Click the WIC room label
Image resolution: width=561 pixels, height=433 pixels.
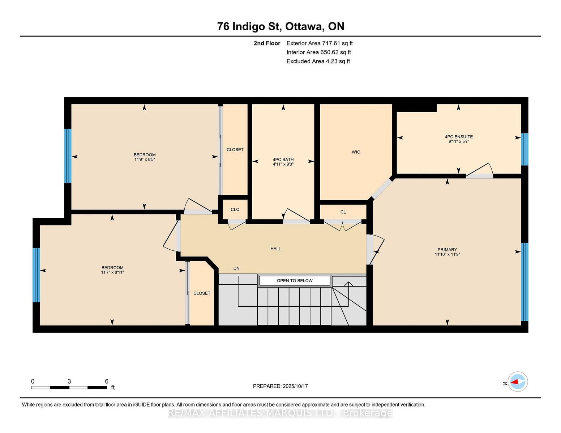pyautogui.click(x=355, y=152)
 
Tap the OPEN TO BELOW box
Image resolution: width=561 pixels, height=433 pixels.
pyautogui.click(x=294, y=280)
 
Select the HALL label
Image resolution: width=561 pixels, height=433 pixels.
pyautogui.click(x=275, y=249)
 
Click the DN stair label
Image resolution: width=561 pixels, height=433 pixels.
pyautogui.click(x=236, y=268)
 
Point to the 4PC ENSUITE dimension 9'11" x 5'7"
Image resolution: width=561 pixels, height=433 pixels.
pyautogui.click(x=458, y=141)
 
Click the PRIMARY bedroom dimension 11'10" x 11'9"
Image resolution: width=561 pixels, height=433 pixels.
pyautogui.click(x=447, y=254)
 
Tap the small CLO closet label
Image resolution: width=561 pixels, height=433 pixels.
pyautogui.click(x=235, y=209)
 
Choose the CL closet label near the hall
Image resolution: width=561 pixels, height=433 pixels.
pyautogui.click(x=343, y=212)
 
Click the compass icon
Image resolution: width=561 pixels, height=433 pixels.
pyautogui.click(x=517, y=381)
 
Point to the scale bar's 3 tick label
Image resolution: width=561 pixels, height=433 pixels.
pyautogui.click(x=69, y=381)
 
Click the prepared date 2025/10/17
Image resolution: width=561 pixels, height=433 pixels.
pyautogui.click(x=295, y=386)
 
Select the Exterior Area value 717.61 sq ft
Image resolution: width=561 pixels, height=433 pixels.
pyautogui.click(x=337, y=43)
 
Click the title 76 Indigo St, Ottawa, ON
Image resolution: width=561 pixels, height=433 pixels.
pyautogui.click(x=280, y=26)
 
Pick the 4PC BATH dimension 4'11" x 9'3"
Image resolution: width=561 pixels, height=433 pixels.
pyautogui.click(x=283, y=164)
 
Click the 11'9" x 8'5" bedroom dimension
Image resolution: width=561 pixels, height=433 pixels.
pyautogui.click(x=144, y=159)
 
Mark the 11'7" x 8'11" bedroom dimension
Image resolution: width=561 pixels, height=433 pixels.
pyautogui.click(x=112, y=272)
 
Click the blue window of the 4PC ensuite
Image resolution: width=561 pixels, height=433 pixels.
pyautogui.click(x=524, y=149)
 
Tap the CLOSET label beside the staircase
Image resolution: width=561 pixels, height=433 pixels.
pyautogui.click(x=202, y=293)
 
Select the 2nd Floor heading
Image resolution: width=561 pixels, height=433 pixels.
pyautogui.click(x=267, y=43)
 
